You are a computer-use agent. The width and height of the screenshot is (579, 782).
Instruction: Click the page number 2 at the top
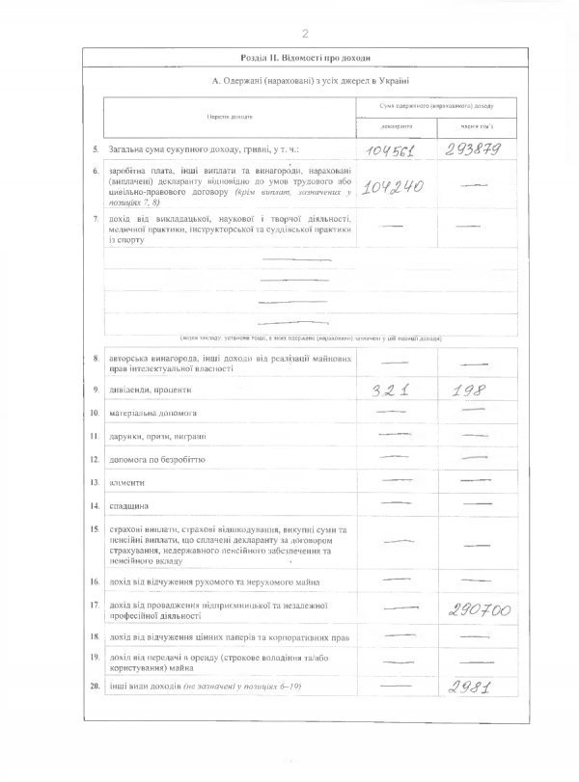pyautogui.click(x=305, y=35)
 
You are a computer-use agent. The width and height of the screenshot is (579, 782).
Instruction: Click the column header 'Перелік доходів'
pyautogui.click(x=230, y=117)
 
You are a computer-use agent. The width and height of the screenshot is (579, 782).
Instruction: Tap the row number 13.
pyautogui.click(x=95, y=480)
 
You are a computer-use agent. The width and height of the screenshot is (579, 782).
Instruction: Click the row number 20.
pyautogui.click(x=95, y=686)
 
